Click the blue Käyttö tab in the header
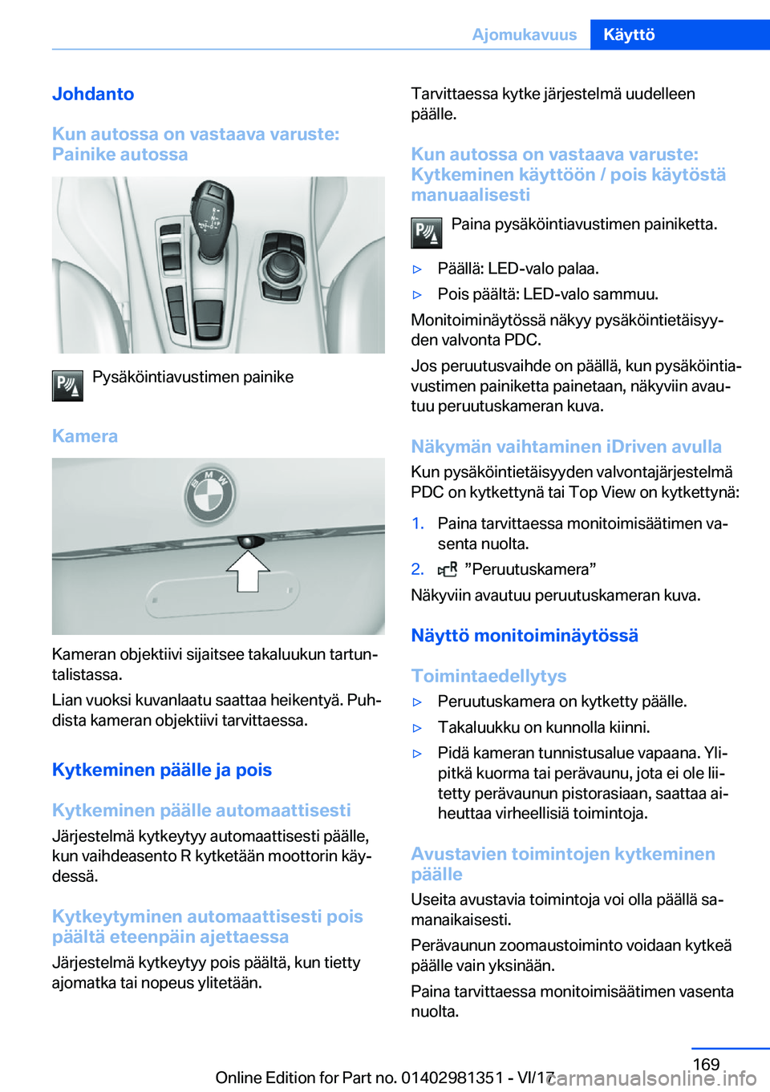(630, 34)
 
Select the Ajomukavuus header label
(524, 34)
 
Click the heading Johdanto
(93, 94)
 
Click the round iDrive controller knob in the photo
(282, 262)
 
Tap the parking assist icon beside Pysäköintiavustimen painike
(67, 386)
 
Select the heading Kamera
(85, 436)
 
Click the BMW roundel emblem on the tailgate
(209, 494)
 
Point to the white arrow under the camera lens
(248, 570)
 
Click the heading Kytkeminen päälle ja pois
(162, 770)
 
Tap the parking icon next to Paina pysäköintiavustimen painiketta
(427, 233)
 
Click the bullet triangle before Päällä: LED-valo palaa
(417, 269)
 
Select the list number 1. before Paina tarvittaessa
(417, 524)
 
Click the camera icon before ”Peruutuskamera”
(448, 569)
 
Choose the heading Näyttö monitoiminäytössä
(525, 636)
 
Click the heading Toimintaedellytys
(488, 676)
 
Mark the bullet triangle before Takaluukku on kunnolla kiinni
(417, 728)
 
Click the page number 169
(706, 1064)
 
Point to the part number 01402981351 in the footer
(452, 1078)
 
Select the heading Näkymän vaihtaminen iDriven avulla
(566, 447)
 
